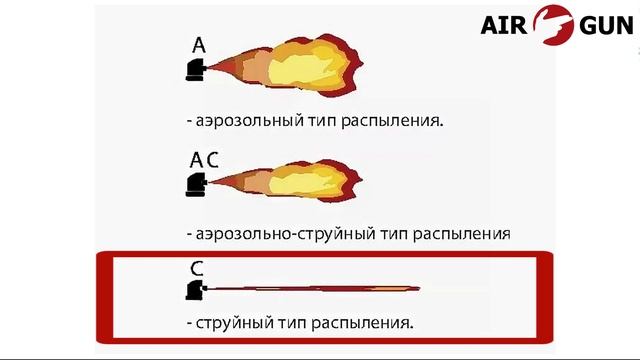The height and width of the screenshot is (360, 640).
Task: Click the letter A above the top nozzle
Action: point(199,45)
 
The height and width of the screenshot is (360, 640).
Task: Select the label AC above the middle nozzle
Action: point(204,160)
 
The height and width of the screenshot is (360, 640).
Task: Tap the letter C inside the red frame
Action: point(197,269)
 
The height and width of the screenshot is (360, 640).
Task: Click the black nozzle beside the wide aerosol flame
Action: point(196,70)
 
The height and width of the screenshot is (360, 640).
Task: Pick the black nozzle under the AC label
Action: point(196,184)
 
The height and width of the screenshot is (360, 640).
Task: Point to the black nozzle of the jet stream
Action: point(195,290)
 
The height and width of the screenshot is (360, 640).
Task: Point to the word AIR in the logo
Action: point(506,24)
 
